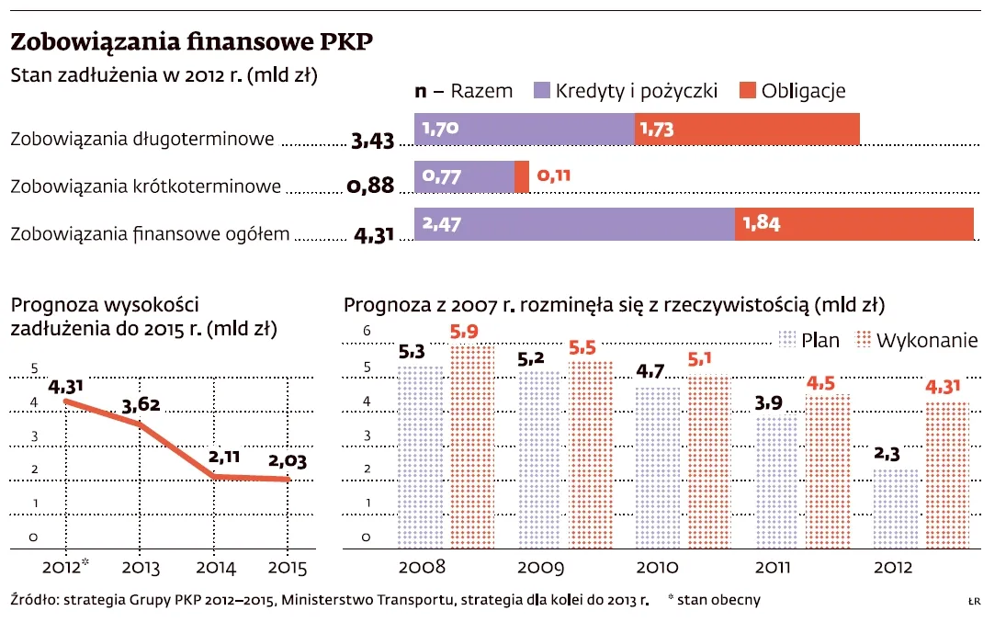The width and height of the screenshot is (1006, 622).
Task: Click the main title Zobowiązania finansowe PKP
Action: pos(191,42)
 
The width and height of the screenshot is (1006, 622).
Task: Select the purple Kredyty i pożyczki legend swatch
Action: pos(539,90)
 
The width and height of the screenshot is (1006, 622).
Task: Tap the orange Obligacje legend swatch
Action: pos(745,90)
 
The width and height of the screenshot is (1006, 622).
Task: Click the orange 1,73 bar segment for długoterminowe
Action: pos(747,130)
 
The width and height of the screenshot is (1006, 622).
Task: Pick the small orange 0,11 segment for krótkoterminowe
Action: pos(522,176)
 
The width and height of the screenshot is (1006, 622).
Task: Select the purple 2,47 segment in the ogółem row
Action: pos(574,224)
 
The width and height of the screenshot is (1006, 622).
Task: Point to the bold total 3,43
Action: pos(372,141)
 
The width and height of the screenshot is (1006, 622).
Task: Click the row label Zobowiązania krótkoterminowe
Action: pos(145,187)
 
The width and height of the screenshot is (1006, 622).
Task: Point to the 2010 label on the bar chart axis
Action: pos(659,567)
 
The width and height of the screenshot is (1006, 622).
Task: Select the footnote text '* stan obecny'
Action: pos(714,600)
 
